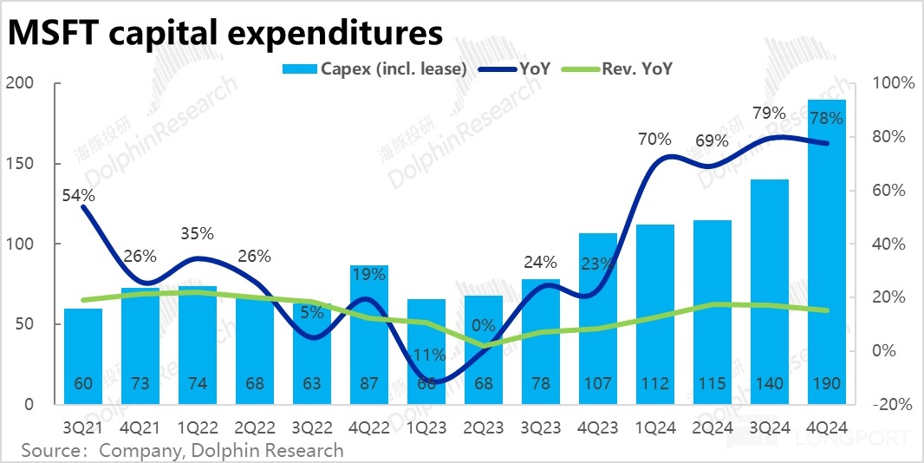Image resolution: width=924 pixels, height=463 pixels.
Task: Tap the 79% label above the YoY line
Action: (x=769, y=114)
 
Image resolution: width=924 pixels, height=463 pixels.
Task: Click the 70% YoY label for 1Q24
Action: (x=654, y=139)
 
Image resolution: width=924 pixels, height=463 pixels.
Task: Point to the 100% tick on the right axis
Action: (x=893, y=83)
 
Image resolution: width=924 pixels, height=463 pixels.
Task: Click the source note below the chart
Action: (x=182, y=451)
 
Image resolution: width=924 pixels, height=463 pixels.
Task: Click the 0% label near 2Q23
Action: (x=484, y=327)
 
